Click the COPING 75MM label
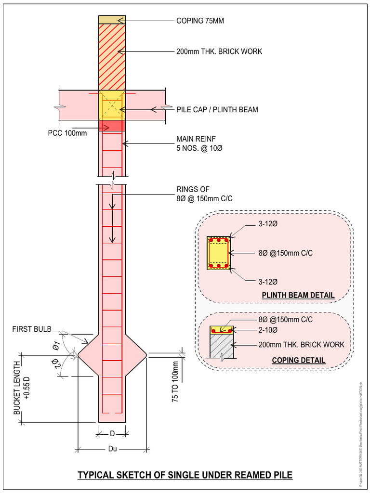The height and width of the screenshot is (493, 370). pos(200,21)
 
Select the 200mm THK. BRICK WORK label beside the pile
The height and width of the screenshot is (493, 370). pos(219,52)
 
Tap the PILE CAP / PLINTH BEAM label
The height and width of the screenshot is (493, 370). pos(217,110)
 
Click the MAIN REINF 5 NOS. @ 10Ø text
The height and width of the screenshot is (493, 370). pos(199,144)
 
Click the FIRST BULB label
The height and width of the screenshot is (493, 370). pos(32,329)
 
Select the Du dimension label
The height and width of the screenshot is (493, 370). pos(112,449)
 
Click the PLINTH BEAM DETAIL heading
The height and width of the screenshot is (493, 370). pos(298,295)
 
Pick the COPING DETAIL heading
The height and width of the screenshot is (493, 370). pos(298,360)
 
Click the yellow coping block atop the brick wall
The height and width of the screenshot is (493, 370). pos(112,19)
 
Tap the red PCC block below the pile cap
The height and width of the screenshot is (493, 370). pos(112,126)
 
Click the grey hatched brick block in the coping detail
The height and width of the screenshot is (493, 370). pos(222,347)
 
